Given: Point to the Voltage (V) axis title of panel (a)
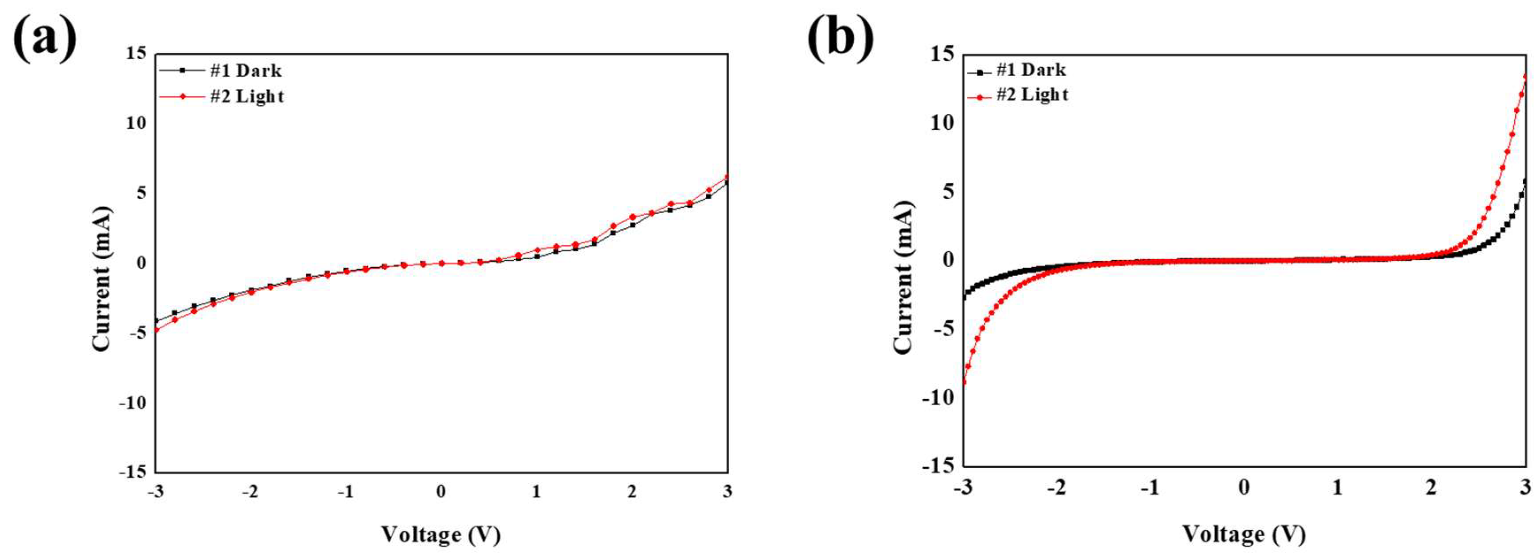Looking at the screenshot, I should (441, 534).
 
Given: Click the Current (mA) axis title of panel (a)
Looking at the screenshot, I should (102, 279).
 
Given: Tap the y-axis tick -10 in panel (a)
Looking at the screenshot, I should (132, 403).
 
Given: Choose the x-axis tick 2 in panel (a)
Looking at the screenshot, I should (632, 492).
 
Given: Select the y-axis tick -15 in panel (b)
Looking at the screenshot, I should (937, 466).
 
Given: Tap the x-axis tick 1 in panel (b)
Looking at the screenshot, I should (1337, 488).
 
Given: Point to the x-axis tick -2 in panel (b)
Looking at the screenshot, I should (1056, 488).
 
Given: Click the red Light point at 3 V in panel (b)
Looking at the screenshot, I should (1525, 77).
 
